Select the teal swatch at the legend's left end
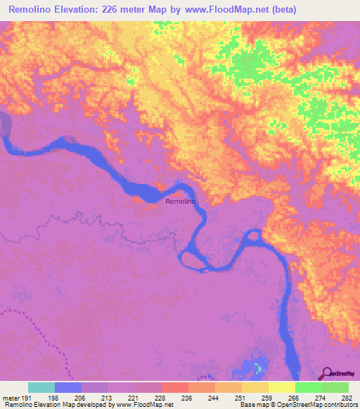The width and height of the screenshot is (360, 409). pos(41,388)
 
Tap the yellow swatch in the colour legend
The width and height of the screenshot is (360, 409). pos(281,388)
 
